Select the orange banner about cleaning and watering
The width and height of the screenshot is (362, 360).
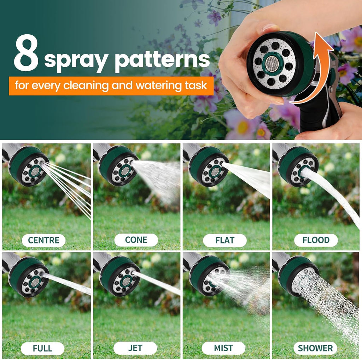tap(111, 86)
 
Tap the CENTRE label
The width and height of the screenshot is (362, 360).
tap(43, 240)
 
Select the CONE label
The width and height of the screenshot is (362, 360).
tap(136, 240)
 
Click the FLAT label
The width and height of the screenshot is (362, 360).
tap(225, 240)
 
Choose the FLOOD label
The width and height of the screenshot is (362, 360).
tap(316, 240)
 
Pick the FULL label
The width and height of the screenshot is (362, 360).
tap(42, 349)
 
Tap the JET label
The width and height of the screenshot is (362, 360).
tap(135, 348)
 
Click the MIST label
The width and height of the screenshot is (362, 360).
tap(223, 348)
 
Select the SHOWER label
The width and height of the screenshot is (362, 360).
tap(315, 348)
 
